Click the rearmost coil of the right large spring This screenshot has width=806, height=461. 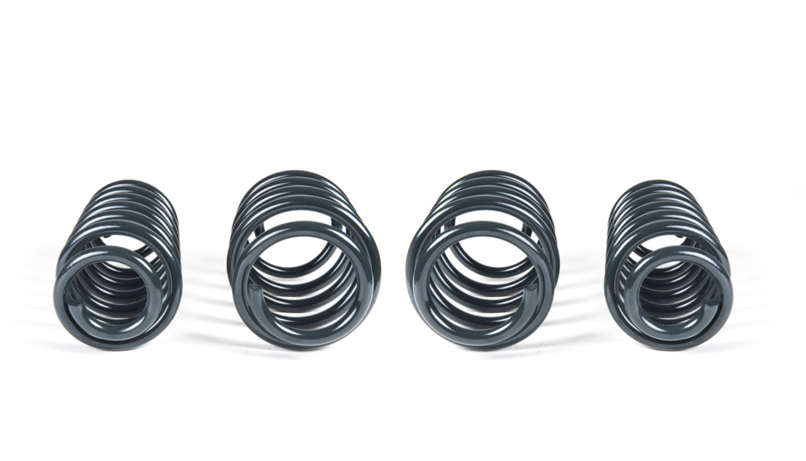coord(494,177)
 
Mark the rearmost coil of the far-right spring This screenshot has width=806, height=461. coord(650,186)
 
